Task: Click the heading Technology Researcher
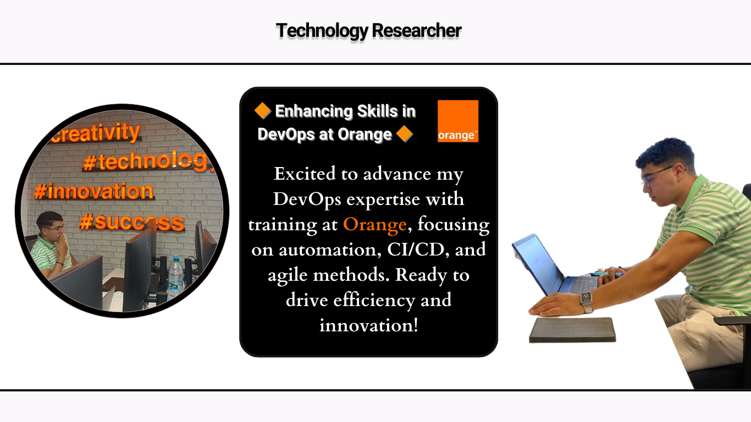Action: click(368, 31)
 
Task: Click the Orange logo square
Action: click(458, 121)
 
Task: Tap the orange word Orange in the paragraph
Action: click(375, 224)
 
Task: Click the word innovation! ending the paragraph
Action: click(368, 325)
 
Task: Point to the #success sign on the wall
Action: click(131, 223)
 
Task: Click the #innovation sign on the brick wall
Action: click(93, 192)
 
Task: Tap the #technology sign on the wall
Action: click(146, 160)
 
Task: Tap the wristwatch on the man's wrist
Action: click(586, 302)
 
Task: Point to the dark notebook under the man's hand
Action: click(572, 329)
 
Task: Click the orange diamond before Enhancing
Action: click(263, 111)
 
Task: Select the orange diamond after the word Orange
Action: click(404, 134)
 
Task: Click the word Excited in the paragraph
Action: click(305, 174)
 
